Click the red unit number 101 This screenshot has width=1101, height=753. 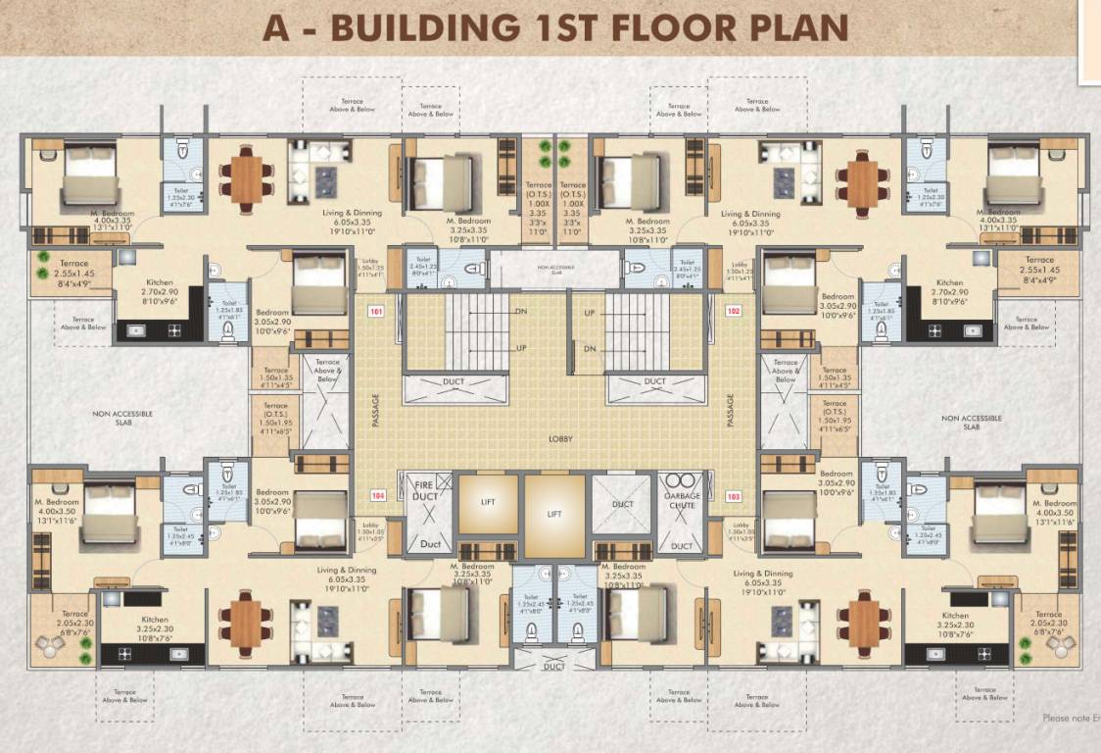[375, 312]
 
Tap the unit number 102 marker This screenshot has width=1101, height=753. [734, 312]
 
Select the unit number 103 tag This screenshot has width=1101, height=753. [734, 496]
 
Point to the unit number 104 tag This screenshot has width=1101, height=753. [375, 496]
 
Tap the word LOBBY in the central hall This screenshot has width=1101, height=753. [559, 439]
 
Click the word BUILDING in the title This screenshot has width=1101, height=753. [423, 27]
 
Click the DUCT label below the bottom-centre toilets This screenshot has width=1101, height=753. [553, 666]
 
